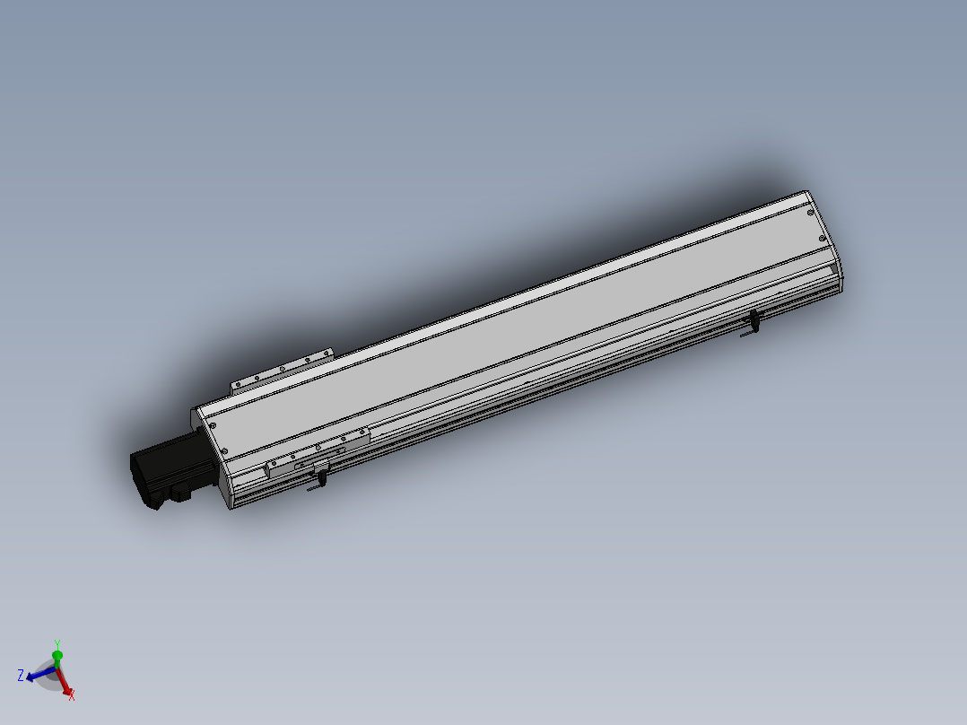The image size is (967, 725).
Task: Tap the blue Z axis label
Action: click(20, 675)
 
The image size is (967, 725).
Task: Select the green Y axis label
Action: click(57, 644)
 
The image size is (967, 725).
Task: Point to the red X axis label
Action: click(72, 694)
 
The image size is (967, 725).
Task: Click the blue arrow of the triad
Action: click(38, 673)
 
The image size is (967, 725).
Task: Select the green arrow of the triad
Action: click(57, 658)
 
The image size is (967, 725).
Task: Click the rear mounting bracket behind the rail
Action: click(282, 371)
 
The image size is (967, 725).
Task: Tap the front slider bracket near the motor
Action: click(319, 452)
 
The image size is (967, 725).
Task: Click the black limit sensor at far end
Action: click(754, 321)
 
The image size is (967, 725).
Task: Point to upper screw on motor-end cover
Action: click(213, 425)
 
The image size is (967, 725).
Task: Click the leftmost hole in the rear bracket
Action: click(238, 385)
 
